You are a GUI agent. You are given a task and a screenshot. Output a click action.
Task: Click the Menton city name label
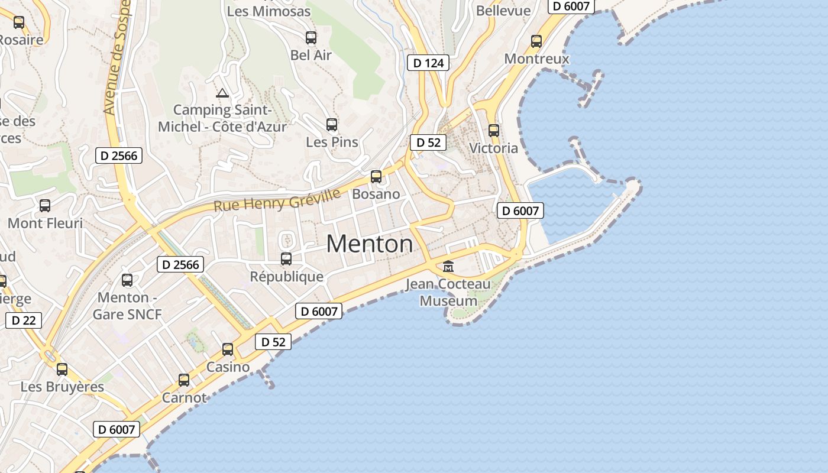click(x=370, y=244)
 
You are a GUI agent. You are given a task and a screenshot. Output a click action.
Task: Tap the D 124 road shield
click(x=429, y=63)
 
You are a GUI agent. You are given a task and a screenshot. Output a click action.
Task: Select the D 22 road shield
click(x=24, y=320)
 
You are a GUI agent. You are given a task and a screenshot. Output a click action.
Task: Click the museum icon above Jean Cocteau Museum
click(x=448, y=267)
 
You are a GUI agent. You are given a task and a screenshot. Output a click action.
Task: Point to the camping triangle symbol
click(x=222, y=93)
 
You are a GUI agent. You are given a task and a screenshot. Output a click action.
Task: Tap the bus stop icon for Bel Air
click(x=311, y=38)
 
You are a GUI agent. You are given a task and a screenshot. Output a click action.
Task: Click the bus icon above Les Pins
click(x=332, y=125)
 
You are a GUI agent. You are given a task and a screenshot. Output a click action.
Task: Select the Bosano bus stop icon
click(x=376, y=176)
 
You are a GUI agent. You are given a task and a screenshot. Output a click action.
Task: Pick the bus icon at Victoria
click(x=494, y=131)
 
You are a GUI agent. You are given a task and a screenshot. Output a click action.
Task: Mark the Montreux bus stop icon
click(x=536, y=41)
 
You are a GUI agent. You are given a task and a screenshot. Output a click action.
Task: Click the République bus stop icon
click(x=286, y=258)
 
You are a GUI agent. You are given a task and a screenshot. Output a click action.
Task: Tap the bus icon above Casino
click(x=228, y=349)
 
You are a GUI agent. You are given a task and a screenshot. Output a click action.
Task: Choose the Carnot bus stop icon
click(x=184, y=380)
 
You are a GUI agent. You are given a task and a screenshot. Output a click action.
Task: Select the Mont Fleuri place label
click(x=45, y=223)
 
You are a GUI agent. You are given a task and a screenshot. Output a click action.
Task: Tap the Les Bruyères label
click(x=62, y=387)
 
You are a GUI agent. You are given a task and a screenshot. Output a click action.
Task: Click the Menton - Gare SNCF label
click(x=127, y=306)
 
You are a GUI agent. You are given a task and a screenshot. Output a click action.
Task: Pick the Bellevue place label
click(x=503, y=11)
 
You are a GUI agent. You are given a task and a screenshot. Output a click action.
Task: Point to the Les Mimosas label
click(x=269, y=11)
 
